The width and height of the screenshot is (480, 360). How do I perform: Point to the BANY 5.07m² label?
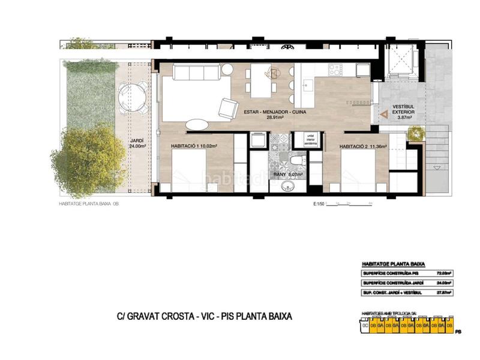tap(288, 175)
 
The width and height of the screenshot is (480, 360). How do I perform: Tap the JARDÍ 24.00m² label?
tap(137, 145)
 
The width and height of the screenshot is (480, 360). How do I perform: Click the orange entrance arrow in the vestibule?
tap(382, 112)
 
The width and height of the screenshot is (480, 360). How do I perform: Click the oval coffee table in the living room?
tap(197, 124)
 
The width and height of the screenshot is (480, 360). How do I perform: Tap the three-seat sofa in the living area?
tap(196, 73)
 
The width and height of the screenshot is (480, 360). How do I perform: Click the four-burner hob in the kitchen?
tap(334, 70)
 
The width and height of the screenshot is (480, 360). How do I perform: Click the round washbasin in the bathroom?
tap(288, 185)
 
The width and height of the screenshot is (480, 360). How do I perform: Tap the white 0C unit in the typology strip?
tap(364, 326)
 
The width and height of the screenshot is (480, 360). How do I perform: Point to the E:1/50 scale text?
tap(319, 204)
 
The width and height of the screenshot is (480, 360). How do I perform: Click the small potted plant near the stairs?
tap(415, 133)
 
